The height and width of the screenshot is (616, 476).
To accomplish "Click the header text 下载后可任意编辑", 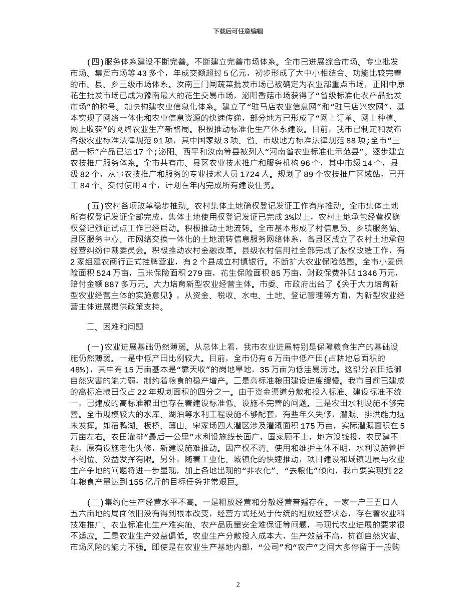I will pyautogui.click(x=238, y=31).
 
